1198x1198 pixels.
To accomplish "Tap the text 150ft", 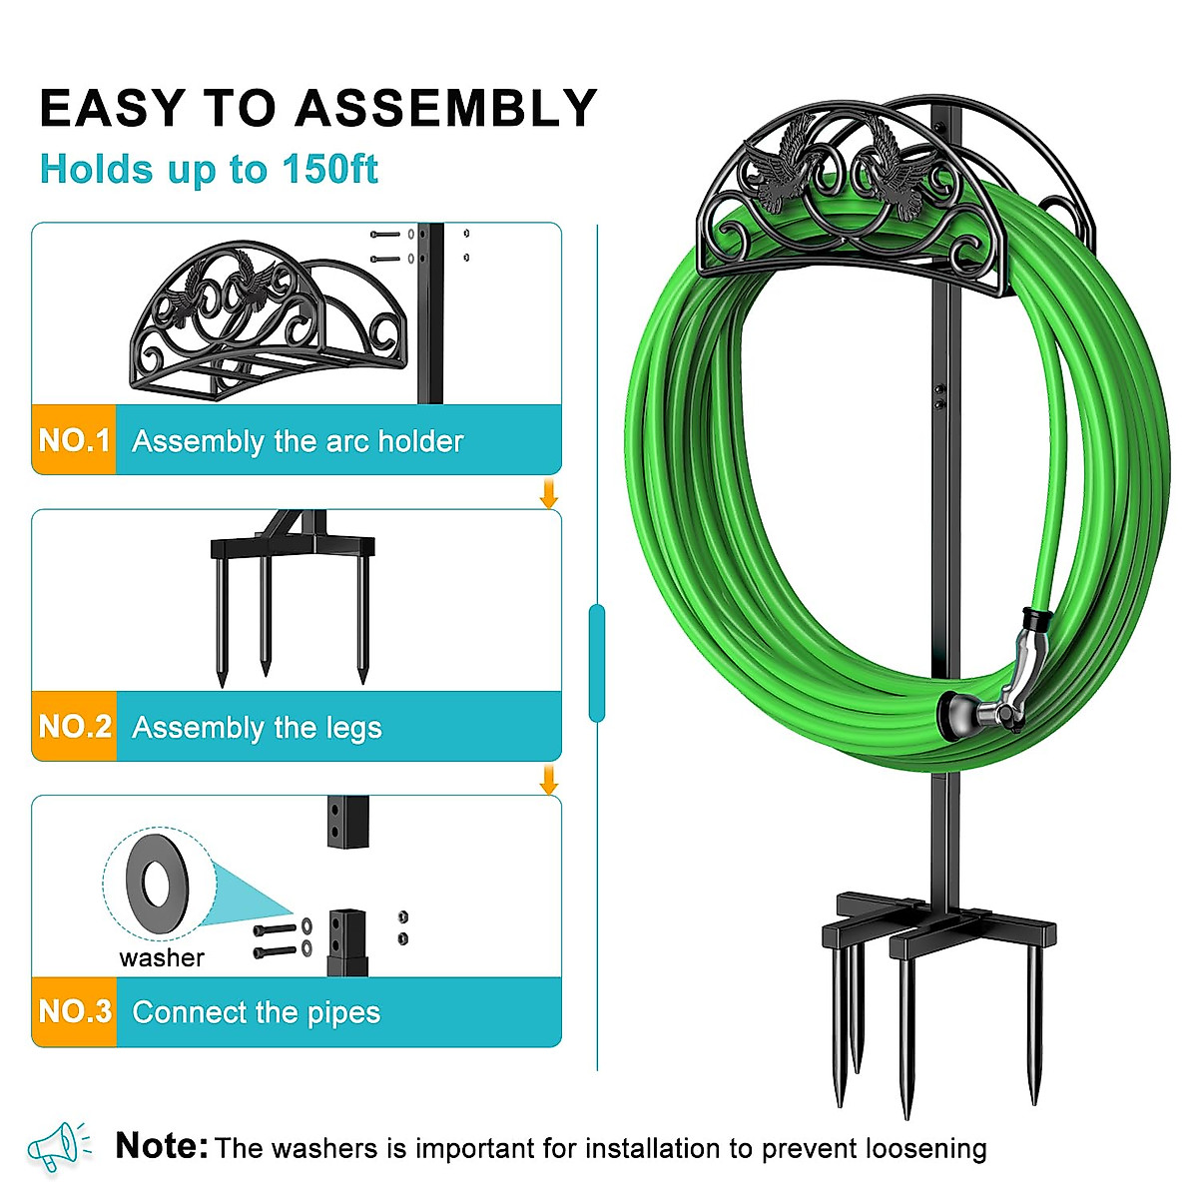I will (329, 170).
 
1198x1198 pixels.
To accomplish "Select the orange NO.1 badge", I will (74, 439).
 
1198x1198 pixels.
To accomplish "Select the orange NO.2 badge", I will (74, 726).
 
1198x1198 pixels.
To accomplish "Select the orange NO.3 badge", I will (74, 1011).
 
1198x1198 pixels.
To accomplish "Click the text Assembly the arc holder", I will (298, 441).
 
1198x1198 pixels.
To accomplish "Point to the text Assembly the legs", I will (257, 728).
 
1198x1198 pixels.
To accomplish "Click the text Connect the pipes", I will (256, 1012).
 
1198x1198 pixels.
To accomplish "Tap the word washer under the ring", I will (162, 958).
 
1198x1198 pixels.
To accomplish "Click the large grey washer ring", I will (158, 884).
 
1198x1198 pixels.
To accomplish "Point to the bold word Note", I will (161, 1146).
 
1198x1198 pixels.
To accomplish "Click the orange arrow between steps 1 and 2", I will (548, 493).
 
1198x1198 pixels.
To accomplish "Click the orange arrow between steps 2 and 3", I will (548, 780).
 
